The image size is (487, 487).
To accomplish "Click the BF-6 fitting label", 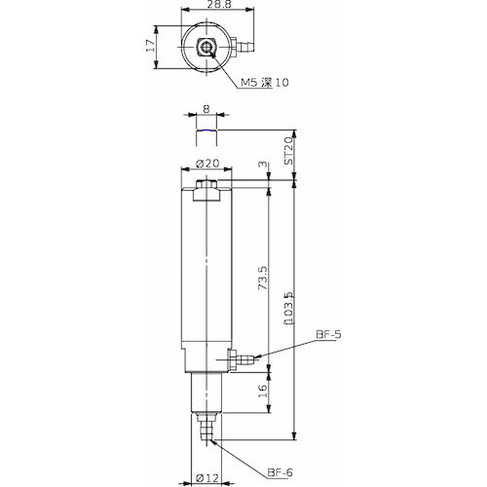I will coord(281,473).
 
